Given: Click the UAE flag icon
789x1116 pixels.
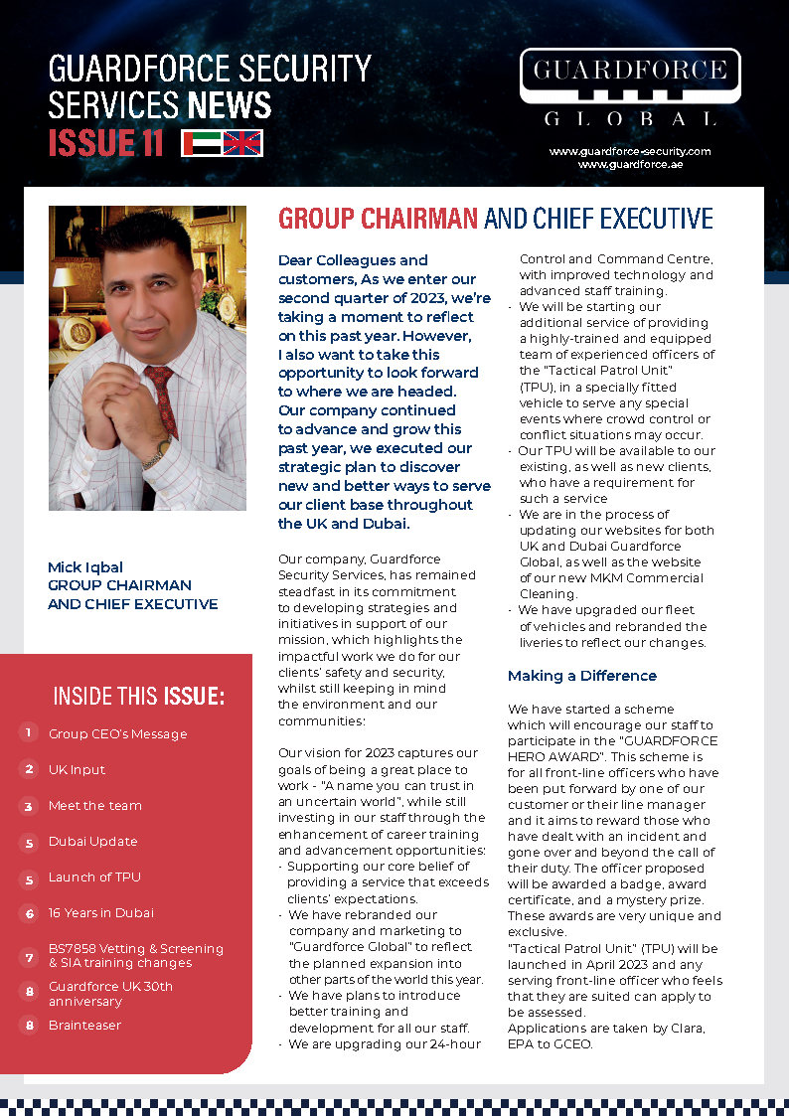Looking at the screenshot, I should point(201,143).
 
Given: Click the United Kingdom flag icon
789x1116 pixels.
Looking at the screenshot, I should point(242,143).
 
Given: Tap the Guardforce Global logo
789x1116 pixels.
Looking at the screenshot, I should point(630,88).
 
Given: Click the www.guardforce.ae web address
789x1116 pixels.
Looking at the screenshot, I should point(630,164).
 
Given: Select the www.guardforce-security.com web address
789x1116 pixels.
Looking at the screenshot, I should point(630,151).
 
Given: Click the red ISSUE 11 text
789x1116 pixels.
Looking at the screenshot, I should point(106,143).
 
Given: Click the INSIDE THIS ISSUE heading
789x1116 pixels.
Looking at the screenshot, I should point(138,696).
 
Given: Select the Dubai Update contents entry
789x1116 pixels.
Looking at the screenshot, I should point(92,842).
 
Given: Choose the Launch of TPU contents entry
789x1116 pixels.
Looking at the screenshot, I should point(94,877).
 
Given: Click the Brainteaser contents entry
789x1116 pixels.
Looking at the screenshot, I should point(84,1025).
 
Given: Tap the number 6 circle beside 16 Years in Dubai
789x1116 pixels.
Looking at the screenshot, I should point(29,912).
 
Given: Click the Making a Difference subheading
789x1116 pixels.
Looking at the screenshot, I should point(582,676).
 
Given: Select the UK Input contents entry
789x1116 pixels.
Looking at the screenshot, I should point(77,770).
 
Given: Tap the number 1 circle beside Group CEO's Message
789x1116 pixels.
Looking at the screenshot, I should point(29,733).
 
